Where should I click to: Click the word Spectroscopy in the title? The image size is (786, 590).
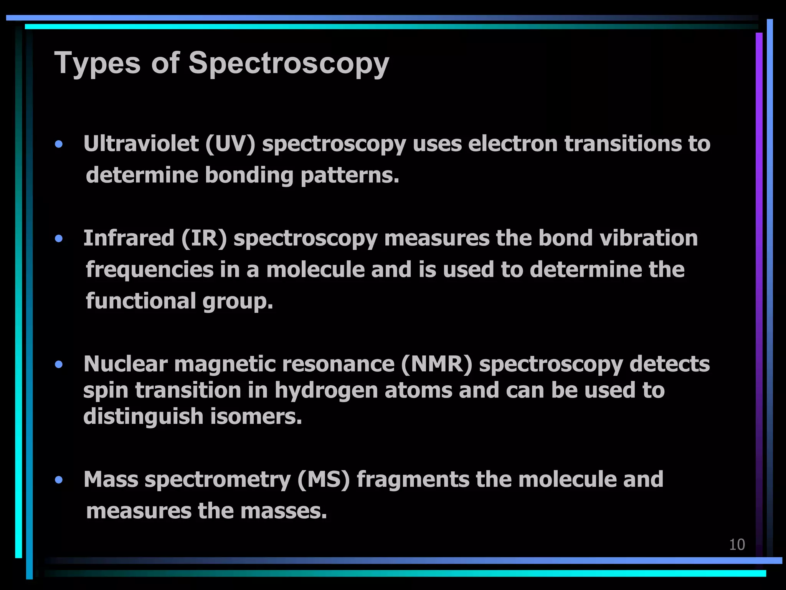pos(289,63)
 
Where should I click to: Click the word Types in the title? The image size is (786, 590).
pos(97,63)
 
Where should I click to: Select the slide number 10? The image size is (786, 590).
pos(737,545)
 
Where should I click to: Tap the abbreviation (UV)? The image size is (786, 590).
pos(230,144)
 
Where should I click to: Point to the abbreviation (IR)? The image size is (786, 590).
pos(204,238)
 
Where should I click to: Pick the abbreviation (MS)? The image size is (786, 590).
pos(324,479)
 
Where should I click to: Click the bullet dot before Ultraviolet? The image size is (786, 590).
pos(59,144)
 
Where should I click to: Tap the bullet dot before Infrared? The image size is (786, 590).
pos(59,239)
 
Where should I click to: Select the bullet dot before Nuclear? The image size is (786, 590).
pos(59,364)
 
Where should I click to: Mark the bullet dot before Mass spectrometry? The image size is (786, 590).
pos(59,480)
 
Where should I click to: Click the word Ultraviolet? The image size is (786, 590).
pos(141,144)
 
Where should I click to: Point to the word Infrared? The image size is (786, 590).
pos(129,238)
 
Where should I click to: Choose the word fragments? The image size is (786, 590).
pos(413,479)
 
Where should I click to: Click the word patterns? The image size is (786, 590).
pos(350,176)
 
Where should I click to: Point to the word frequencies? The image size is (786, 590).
pos(150,270)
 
